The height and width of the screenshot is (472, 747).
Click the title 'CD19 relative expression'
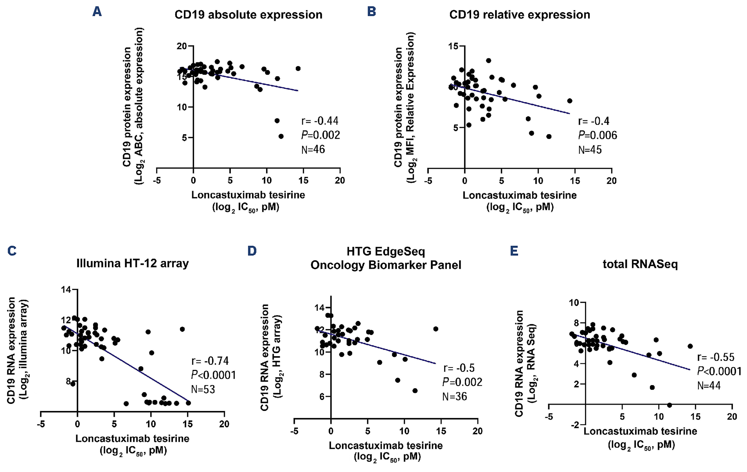coord(520,15)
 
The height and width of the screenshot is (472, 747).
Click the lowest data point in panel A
coord(281,136)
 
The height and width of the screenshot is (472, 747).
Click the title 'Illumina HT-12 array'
coord(132,263)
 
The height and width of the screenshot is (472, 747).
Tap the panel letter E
coord(514,251)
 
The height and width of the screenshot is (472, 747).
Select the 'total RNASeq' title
coord(640,264)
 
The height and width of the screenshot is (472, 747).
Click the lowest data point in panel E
coord(669,405)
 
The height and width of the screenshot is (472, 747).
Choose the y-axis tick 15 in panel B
coord(453,47)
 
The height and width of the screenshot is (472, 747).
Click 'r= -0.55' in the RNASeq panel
coord(716,357)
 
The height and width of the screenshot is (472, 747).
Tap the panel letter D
coord(252,251)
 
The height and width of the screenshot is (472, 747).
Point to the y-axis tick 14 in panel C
coord(66,290)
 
